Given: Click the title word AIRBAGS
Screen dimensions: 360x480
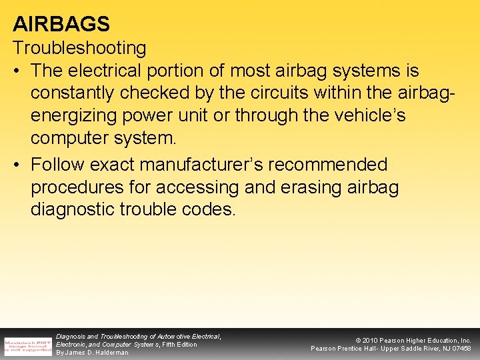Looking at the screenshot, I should coord(61,24).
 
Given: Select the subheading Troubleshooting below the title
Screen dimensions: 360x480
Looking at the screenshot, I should coord(79,48).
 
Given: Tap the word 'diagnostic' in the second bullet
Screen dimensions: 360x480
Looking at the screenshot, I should coord(73,210).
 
